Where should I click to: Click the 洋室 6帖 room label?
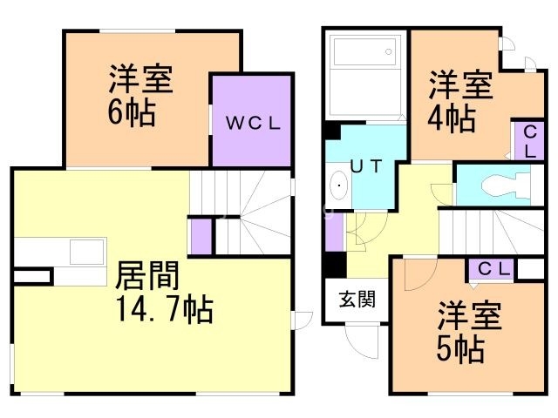[x=139, y=96]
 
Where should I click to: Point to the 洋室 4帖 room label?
[x=459, y=101]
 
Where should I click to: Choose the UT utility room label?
[x=365, y=165]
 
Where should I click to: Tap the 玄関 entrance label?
[x=357, y=300]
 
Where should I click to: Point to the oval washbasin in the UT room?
[x=337, y=186]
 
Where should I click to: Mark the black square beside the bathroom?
[x=331, y=131]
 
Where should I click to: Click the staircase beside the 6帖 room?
[x=240, y=213]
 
